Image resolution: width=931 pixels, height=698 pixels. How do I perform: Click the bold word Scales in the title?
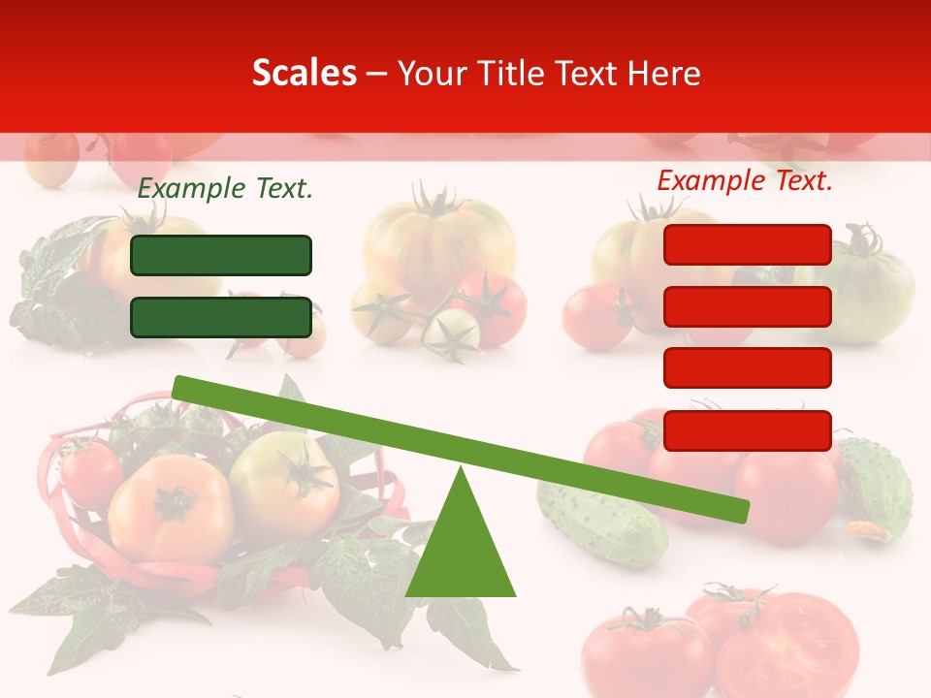(304, 73)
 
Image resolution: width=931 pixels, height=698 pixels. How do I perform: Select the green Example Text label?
(225, 189)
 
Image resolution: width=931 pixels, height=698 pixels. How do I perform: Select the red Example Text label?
(745, 180)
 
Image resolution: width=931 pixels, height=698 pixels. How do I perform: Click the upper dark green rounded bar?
(221, 255)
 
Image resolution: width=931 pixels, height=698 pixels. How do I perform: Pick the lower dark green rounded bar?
(221, 317)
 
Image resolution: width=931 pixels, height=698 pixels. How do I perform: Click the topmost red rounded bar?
(748, 244)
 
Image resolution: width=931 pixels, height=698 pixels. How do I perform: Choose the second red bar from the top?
(748, 306)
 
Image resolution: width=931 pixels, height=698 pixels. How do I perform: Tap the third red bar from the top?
(748, 368)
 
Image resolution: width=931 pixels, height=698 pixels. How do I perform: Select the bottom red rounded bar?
(748, 430)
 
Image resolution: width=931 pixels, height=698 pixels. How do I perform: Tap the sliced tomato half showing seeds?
(795, 645)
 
